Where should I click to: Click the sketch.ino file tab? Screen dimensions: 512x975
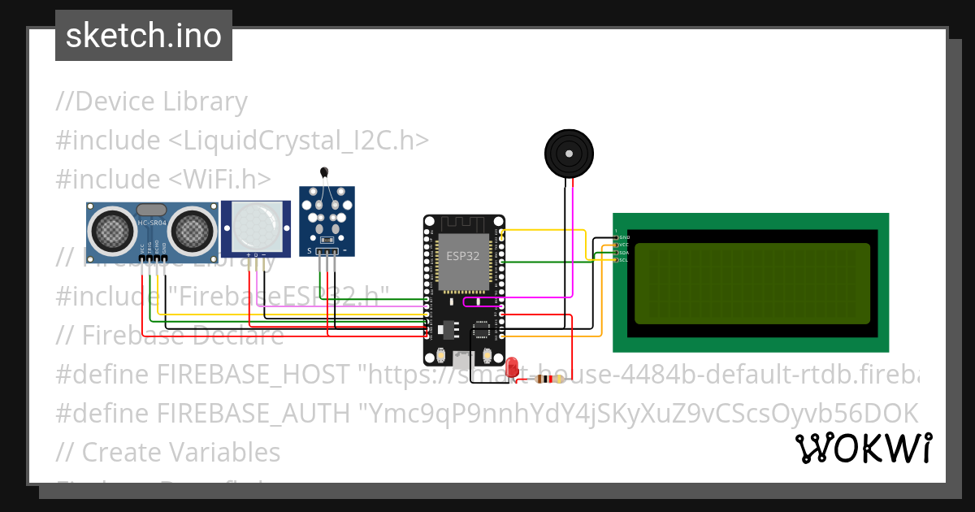(144, 36)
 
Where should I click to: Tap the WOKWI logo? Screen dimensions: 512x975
(863, 448)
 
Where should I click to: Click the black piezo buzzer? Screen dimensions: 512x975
(569, 153)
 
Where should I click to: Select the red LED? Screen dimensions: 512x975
(512, 367)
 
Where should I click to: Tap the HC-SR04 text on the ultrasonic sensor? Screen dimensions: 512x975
(152, 223)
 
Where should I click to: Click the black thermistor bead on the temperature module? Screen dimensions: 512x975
(325, 171)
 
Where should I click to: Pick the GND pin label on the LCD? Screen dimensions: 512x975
(624, 237)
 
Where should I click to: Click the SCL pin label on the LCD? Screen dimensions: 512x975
(624, 260)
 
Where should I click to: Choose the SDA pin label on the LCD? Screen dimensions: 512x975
(624, 253)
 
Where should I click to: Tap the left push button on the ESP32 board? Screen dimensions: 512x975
(440, 355)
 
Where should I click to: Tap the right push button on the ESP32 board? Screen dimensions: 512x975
(487, 355)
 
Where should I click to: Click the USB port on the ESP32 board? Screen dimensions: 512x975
(463, 358)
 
